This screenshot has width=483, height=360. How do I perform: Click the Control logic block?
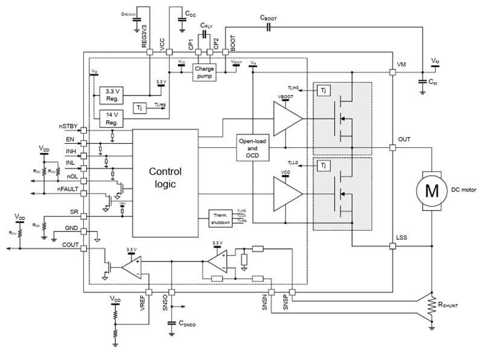click(x=165, y=178)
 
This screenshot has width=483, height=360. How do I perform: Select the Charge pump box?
click(x=204, y=72)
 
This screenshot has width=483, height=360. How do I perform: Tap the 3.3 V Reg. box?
click(x=112, y=95)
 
